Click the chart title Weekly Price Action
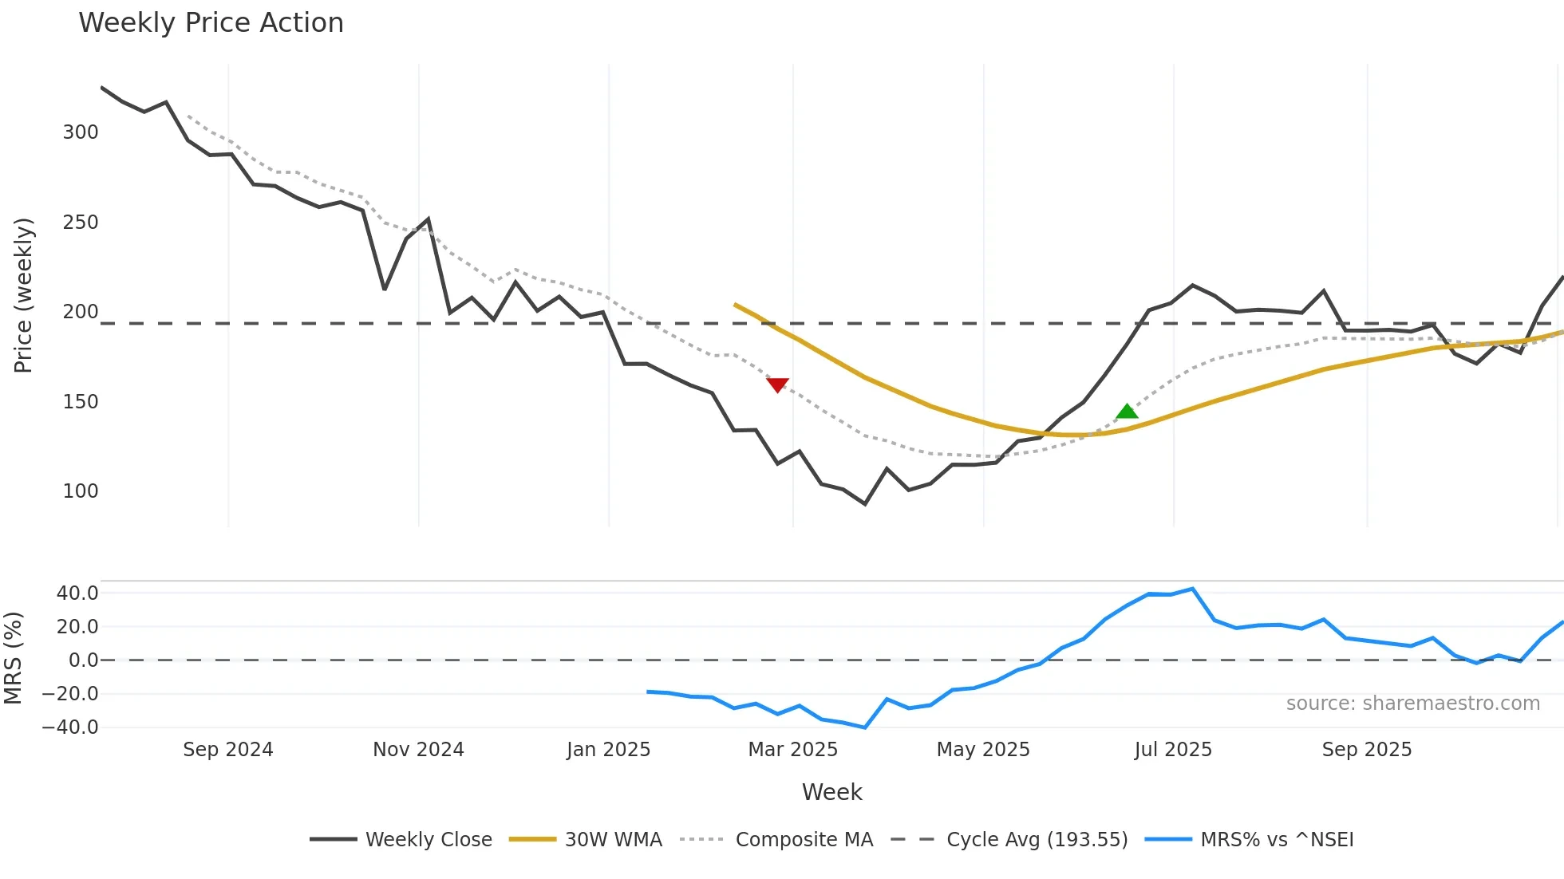click(211, 23)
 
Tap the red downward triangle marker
click(777, 384)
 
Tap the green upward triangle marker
click(1127, 412)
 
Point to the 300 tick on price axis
click(81, 132)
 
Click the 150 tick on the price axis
click(81, 402)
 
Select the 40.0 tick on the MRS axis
click(77, 593)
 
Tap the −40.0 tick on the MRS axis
click(70, 727)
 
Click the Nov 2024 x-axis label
click(418, 750)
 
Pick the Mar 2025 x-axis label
click(792, 750)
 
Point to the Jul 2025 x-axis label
click(1173, 750)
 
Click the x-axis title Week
click(831, 792)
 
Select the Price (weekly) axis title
click(24, 295)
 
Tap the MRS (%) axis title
click(13, 658)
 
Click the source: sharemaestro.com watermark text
click(1412, 704)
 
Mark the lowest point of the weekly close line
click(865, 503)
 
